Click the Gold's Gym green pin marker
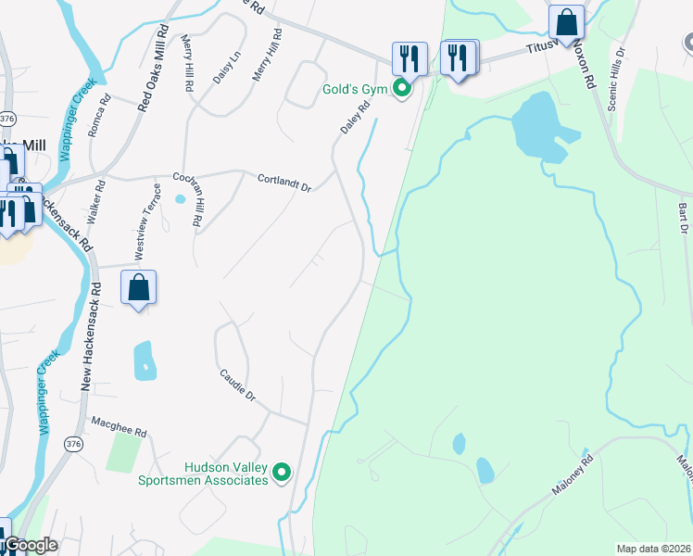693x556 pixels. coord(402,90)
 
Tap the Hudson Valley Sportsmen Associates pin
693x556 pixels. coord(283,474)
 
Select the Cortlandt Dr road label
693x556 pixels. coord(284,182)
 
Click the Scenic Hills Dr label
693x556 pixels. coord(617,81)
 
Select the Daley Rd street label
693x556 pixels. coord(355,118)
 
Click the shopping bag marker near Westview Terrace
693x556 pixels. coord(138,287)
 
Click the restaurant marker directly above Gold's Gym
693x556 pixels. coord(409,58)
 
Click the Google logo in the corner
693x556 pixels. coord(30,545)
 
